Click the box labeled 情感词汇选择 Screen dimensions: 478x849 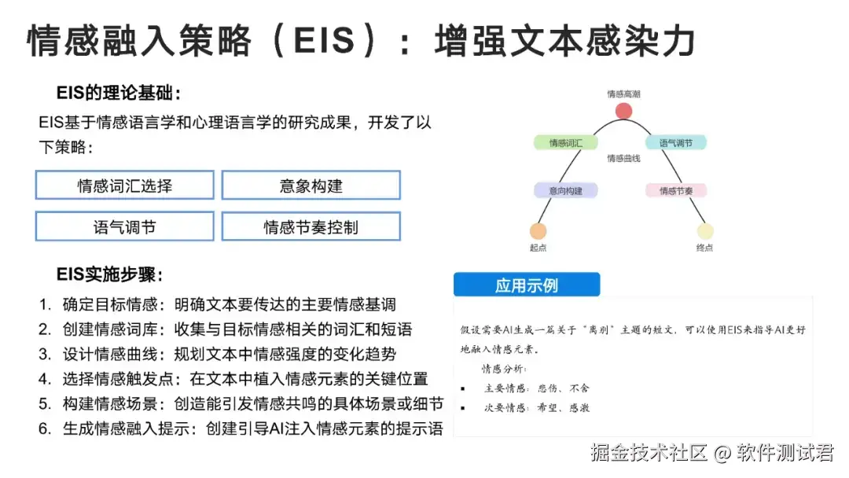124,186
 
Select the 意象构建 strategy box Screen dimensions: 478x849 311,186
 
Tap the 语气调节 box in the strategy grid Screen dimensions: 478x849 124,226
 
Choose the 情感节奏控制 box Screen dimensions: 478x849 311,226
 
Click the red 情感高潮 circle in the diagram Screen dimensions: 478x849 624,111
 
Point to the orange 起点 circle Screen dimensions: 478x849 538,231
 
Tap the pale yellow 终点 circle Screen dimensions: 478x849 704,231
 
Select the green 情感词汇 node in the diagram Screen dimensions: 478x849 566,143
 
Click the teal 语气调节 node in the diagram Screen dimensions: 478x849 676,143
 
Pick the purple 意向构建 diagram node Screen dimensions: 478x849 566,190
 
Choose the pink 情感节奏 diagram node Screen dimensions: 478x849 676,190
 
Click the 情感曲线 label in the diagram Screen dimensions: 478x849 623,159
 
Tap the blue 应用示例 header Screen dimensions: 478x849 527,285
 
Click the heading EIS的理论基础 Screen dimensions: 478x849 119,94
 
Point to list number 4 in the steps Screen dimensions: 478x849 45,379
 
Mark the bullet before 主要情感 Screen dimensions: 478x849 463,388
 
